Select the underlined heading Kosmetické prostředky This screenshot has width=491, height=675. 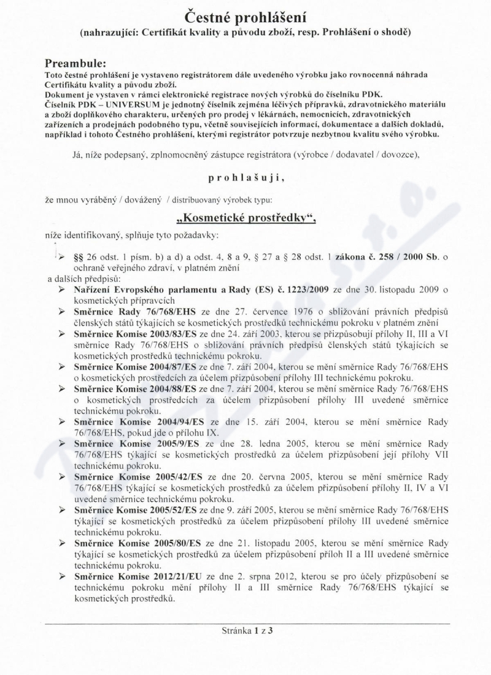(245, 217)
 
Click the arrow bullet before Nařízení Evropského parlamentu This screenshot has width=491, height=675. (63, 289)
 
